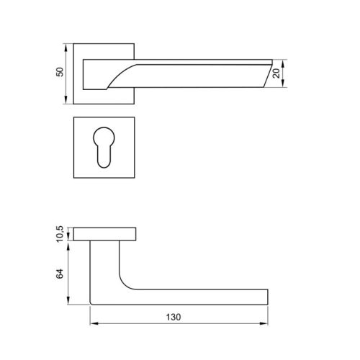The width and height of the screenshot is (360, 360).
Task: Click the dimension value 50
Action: click(60, 72)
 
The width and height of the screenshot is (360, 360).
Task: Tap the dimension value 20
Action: click(276, 73)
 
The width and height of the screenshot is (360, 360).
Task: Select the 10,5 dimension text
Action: click(60, 234)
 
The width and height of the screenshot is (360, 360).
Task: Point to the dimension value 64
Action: click(60, 274)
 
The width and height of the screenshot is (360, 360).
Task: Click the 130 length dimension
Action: click(174, 318)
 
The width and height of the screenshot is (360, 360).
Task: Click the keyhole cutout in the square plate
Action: click(104, 148)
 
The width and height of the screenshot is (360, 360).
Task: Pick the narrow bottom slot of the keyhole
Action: click(104, 158)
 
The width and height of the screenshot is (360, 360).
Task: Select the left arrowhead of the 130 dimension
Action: click(94, 323)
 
